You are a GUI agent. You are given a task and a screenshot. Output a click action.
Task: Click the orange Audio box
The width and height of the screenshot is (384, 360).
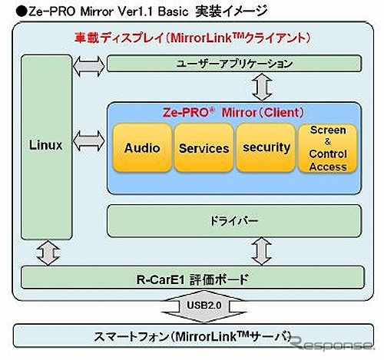pyautogui.click(x=143, y=148)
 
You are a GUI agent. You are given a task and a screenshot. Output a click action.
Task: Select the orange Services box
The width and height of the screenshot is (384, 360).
pyautogui.click(x=204, y=148)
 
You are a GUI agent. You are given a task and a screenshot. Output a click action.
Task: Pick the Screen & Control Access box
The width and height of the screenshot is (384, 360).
pyautogui.click(x=328, y=148)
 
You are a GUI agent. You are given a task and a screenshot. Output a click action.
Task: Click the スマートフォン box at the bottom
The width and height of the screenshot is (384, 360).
pyautogui.click(x=192, y=337)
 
